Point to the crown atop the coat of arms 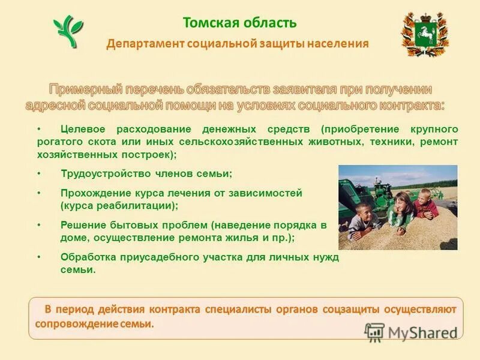coord(424,14)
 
